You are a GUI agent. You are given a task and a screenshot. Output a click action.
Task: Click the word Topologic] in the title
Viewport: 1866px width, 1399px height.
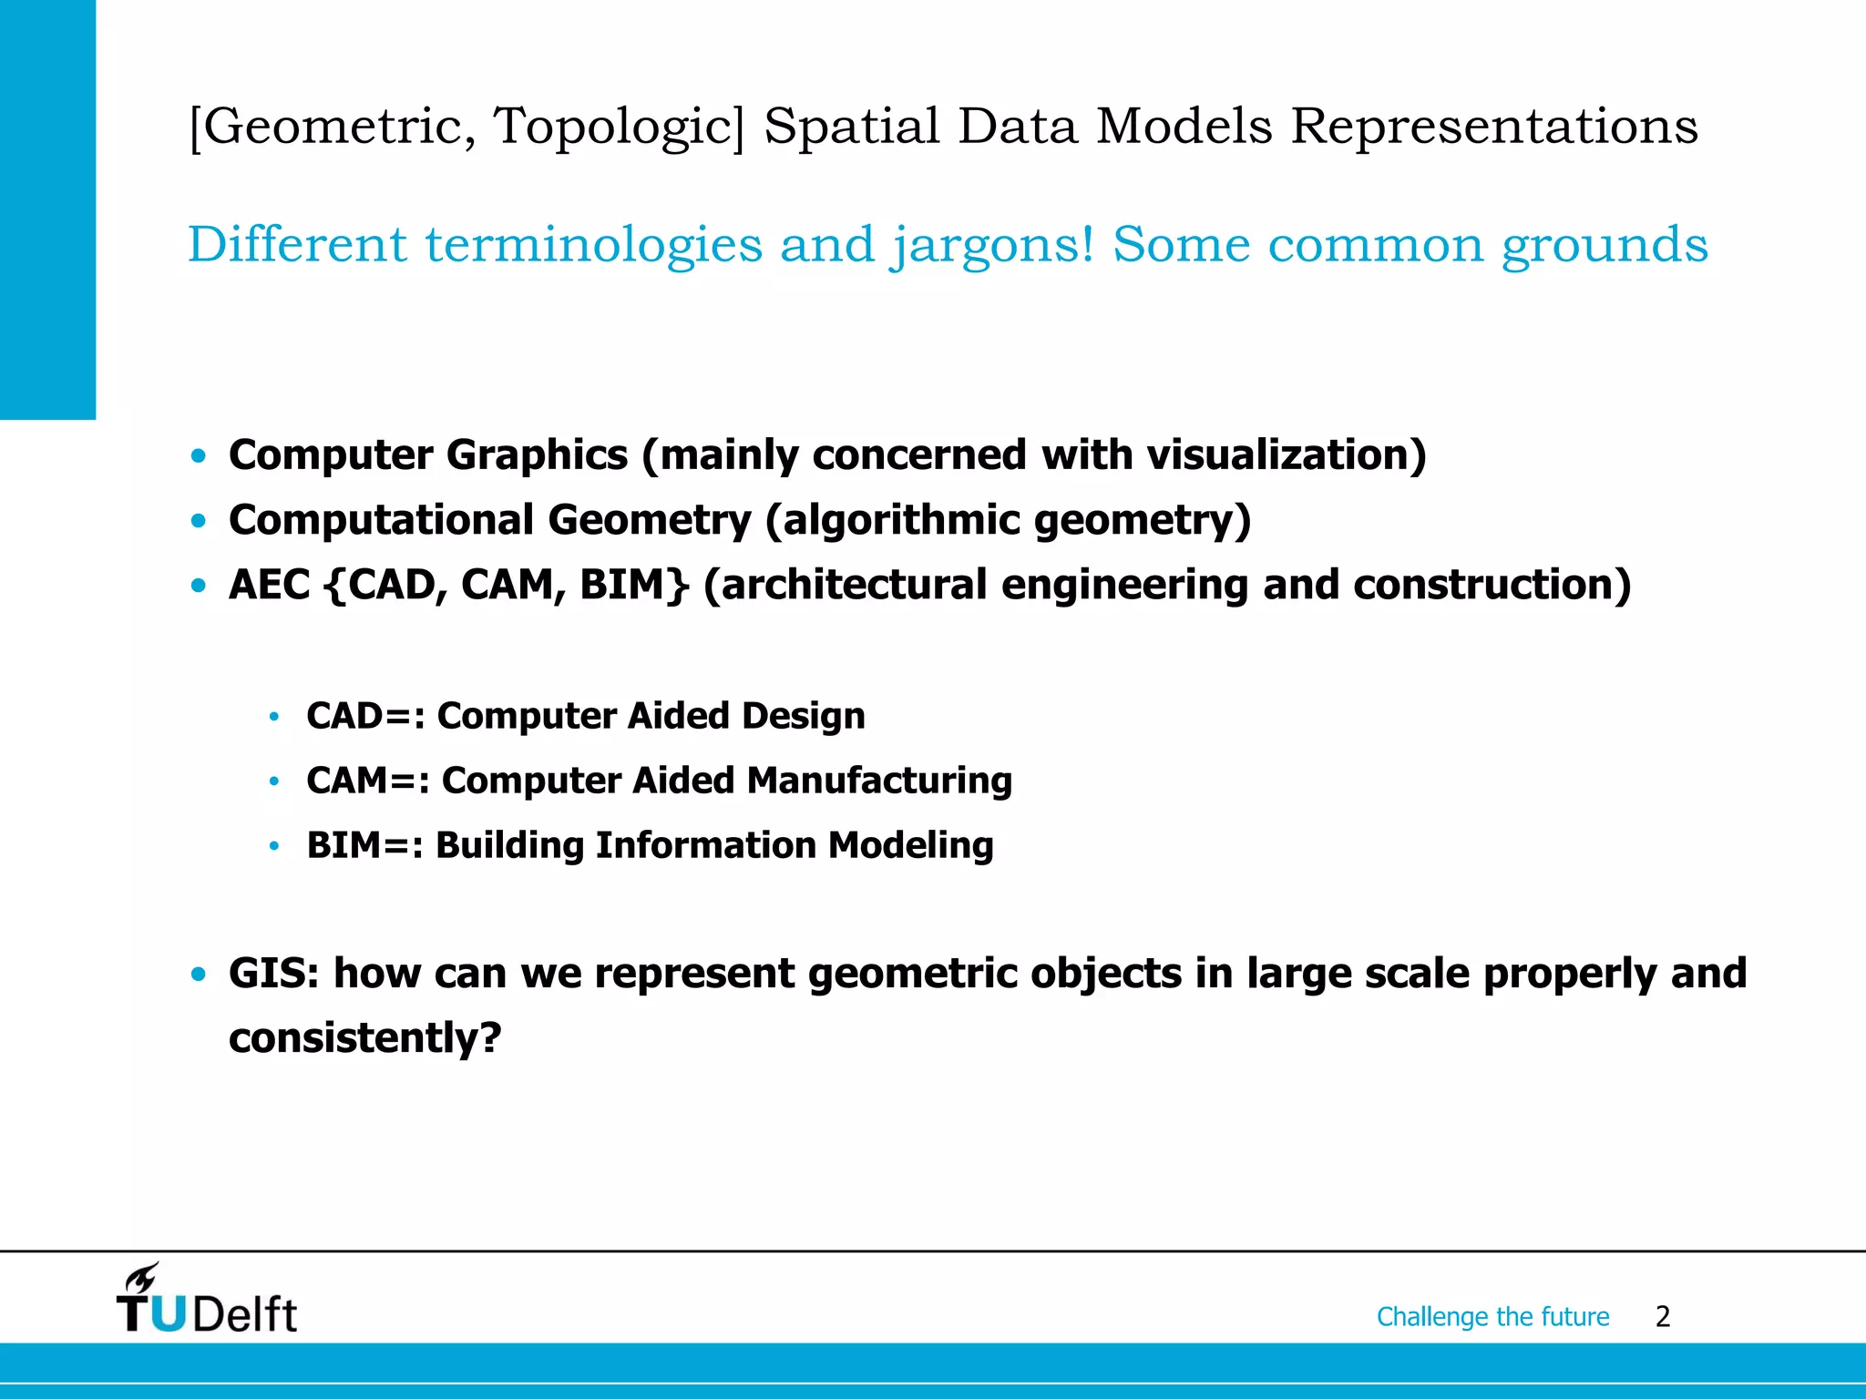tap(620, 127)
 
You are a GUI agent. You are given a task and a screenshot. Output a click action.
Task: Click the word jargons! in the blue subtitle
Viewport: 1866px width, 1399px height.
tap(991, 246)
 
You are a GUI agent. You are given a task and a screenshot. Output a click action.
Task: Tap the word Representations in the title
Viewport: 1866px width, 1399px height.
tap(1494, 127)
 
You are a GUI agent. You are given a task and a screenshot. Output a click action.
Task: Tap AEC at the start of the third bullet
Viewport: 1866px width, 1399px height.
tap(270, 585)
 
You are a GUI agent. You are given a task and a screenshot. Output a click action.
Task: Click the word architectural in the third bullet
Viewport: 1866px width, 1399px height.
tap(845, 585)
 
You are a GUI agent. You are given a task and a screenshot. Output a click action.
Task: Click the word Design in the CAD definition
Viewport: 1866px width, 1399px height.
tap(803, 716)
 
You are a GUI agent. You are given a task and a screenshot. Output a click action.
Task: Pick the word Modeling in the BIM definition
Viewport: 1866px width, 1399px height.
tap(910, 845)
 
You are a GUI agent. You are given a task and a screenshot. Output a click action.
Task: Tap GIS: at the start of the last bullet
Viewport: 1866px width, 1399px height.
tap(273, 974)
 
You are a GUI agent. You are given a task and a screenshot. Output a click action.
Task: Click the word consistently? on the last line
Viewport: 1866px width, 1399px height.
tap(364, 1038)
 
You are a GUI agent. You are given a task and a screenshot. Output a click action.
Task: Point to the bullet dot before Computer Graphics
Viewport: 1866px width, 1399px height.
tap(199, 455)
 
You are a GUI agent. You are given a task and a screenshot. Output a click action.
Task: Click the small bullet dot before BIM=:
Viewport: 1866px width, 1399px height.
tap(273, 846)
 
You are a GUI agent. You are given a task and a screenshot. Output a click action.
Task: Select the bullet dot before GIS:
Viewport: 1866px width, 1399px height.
tap(199, 975)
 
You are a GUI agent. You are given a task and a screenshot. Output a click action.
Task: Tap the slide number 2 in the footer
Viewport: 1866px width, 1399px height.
tap(1662, 1317)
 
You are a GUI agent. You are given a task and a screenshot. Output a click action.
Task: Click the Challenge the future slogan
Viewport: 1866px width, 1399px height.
tap(1492, 1317)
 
